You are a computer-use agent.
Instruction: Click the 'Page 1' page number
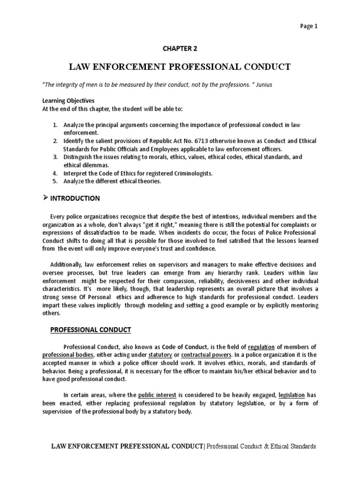tap(308, 26)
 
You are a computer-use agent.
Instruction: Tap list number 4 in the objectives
tap(54, 173)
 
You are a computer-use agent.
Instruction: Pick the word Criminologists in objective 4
tap(191, 173)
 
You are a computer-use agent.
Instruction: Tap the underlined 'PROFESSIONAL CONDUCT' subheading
tap(90, 330)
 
